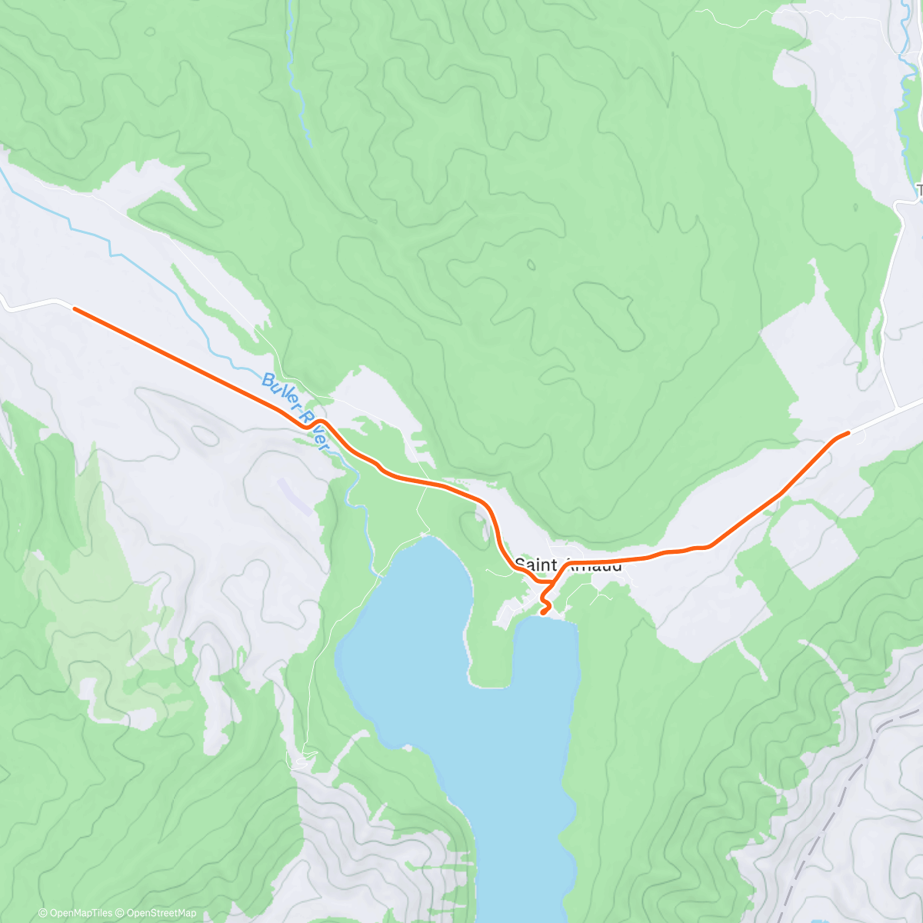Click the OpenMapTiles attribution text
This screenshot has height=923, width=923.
75,913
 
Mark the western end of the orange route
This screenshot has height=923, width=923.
75,308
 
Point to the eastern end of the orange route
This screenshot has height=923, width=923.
848,433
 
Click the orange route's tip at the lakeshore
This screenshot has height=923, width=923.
544,612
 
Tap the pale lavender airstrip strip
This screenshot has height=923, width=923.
295,496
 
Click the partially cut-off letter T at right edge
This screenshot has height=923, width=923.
919,190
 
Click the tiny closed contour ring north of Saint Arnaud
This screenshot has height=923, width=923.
531,265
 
